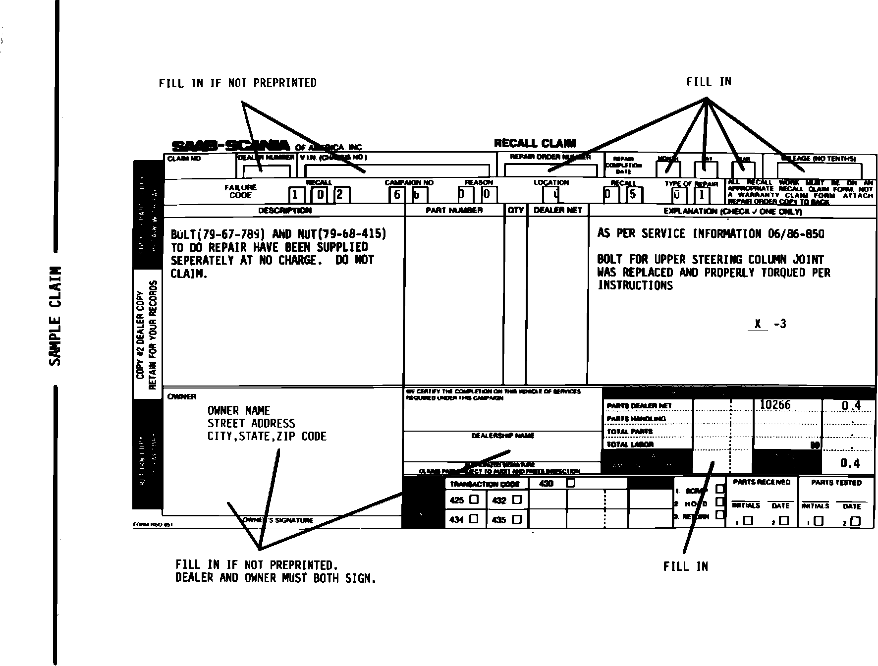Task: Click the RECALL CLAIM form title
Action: (x=535, y=144)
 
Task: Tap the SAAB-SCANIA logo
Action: (x=230, y=146)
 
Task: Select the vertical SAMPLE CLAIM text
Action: (x=56, y=316)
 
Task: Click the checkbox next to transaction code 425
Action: (x=474, y=499)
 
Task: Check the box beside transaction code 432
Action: (x=517, y=500)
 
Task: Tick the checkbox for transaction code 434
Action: (x=474, y=519)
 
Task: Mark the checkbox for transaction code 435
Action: (x=517, y=520)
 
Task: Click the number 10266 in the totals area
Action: (x=775, y=405)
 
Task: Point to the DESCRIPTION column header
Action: (x=285, y=211)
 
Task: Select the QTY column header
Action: (x=515, y=210)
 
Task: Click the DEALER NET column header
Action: (x=558, y=210)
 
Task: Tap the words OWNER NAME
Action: (x=239, y=411)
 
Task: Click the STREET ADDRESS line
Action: (x=251, y=424)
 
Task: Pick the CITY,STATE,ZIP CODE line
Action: (x=267, y=437)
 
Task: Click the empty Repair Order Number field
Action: (x=550, y=171)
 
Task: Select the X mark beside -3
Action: (x=758, y=324)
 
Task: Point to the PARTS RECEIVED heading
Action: (x=762, y=482)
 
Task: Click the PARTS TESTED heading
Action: (x=836, y=482)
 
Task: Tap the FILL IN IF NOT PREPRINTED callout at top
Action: (x=237, y=83)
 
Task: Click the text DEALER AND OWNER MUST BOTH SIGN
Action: (x=276, y=578)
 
